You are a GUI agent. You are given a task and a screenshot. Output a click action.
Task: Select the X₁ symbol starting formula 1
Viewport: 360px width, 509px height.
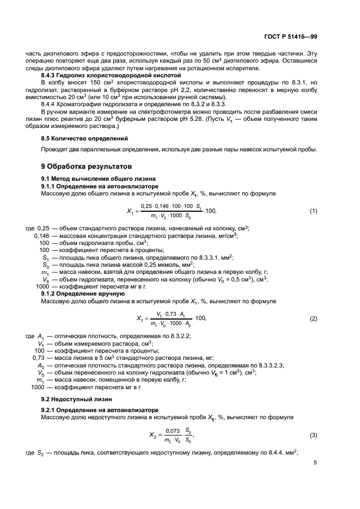pos(130,211)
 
